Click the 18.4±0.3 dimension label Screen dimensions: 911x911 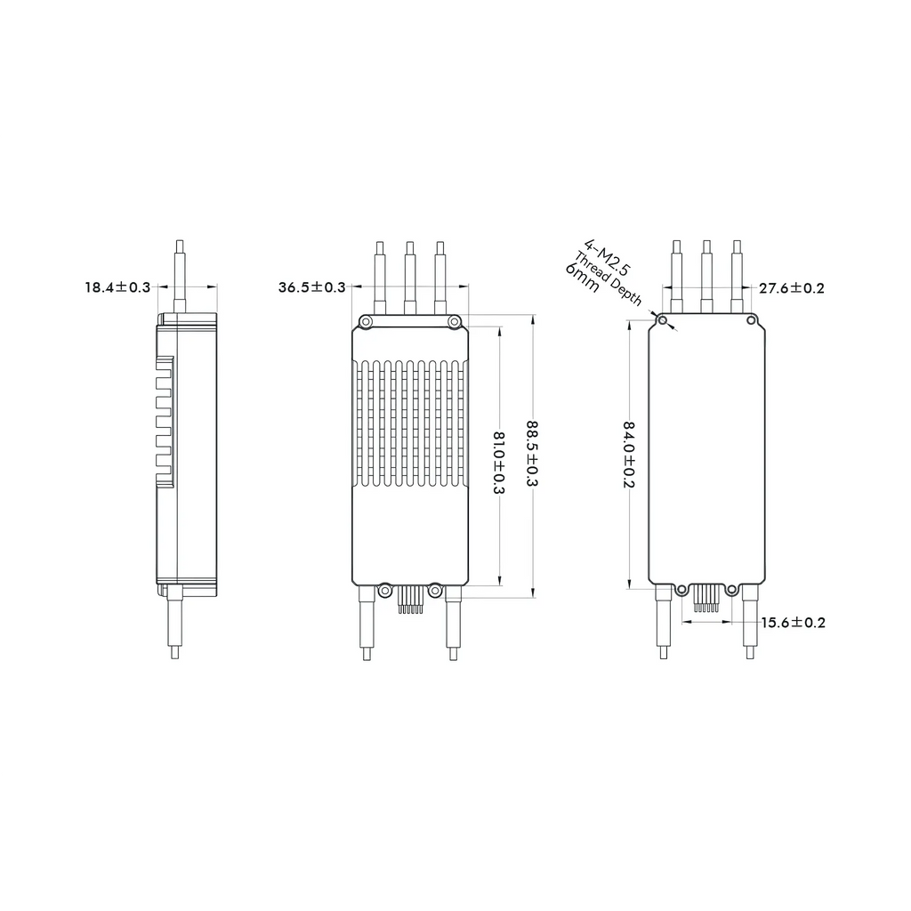117,287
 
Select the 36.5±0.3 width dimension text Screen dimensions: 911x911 312,287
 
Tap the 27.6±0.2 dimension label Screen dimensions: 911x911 791,288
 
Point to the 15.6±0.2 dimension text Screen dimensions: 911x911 793,623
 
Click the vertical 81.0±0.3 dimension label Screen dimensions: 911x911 498,463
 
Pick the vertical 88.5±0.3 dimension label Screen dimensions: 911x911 532,455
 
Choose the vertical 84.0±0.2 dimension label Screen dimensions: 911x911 629,455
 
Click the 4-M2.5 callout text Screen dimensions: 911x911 607,257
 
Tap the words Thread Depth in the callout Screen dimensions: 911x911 608,279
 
